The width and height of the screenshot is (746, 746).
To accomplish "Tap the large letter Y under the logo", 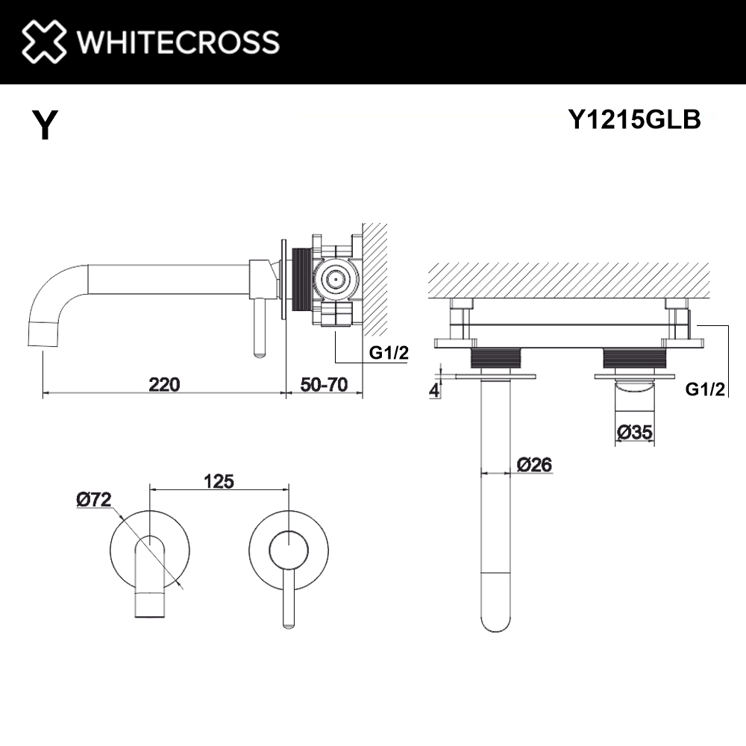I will pos(44,126).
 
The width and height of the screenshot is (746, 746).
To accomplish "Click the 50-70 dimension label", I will pos(324,385).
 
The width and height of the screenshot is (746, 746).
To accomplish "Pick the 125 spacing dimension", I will pos(219,481).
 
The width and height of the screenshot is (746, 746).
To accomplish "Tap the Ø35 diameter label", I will pos(636,431).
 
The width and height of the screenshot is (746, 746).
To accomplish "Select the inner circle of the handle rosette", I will pos(286,551).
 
